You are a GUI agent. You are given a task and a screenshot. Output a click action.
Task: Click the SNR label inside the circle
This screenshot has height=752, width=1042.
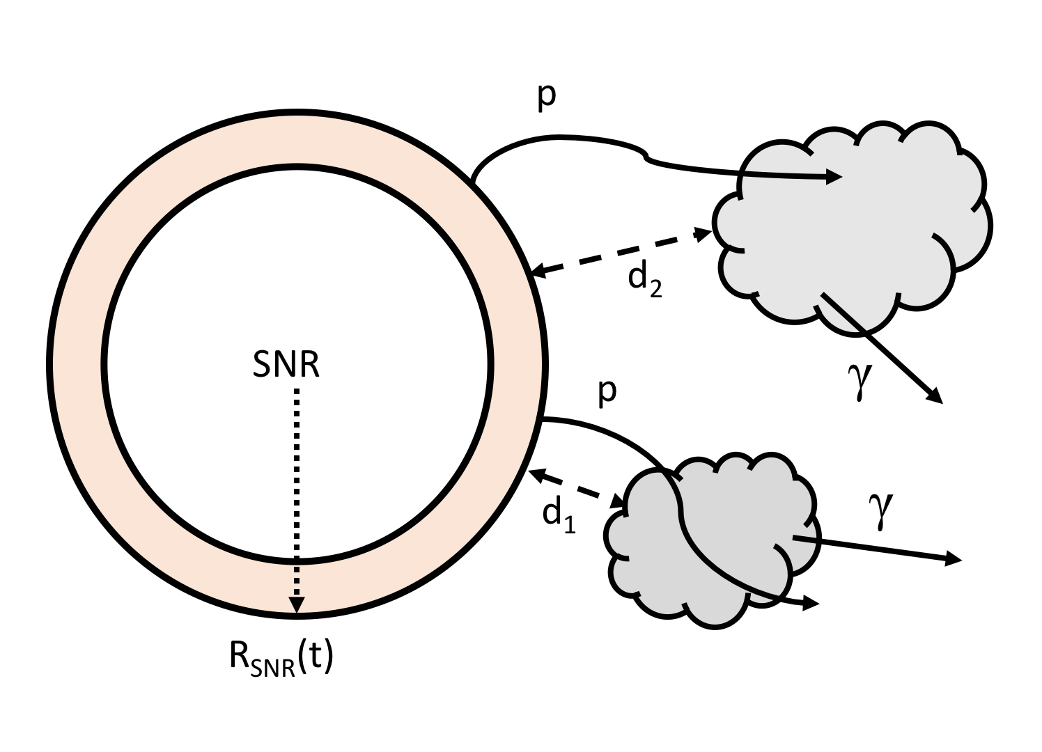click(x=286, y=363)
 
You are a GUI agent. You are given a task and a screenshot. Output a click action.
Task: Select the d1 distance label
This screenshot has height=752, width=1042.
click(x=559, y=516)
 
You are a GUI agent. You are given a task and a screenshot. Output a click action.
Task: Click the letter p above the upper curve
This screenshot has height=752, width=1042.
click(x=547, y=97)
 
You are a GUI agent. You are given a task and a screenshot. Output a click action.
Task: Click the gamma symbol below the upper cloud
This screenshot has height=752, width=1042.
click(x=861, y=382)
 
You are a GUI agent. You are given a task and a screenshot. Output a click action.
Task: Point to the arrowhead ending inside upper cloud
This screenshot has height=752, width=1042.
click(x=835, y=177)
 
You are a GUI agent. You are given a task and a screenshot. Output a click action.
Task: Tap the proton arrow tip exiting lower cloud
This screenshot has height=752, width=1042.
click(x=811, y=604)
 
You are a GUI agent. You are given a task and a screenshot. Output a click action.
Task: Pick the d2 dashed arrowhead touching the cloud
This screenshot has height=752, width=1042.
click(x=705, y=234)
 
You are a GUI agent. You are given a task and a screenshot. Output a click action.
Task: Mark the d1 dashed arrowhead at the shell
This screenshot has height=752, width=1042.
click(x=535, y=474)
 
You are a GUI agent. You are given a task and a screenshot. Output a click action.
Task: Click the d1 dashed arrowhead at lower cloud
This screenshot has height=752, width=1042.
click(x=618, y=501)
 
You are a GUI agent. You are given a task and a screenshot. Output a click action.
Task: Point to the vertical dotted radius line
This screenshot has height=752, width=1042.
click(x=297, y=487)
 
